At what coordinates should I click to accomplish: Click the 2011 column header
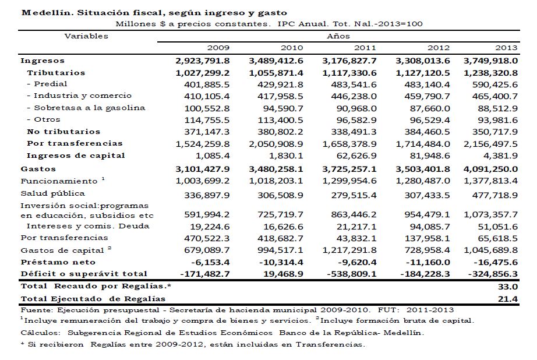tap(365, 48)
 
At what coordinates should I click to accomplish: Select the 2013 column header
tap(507, 48)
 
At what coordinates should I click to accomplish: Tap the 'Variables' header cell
tap(86, 36)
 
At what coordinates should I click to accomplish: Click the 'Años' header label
tap(338, 36)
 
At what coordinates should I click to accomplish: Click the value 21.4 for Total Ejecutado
tap(510, 298)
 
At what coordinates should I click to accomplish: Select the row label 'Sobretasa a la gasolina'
tap(86, 108)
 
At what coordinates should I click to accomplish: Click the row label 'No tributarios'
tap(63, 132)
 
